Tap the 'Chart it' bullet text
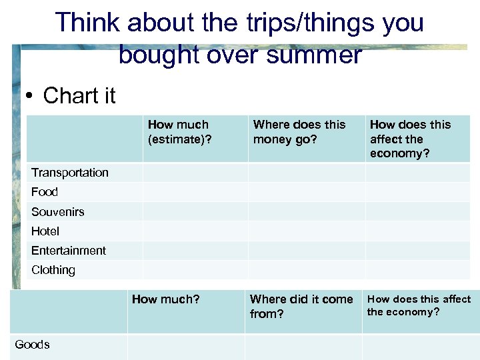pos(79,96)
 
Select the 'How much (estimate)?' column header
pos(178,132)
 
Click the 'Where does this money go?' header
pos(299,132)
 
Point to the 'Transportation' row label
pos(69,173)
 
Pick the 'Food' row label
pos(44,192)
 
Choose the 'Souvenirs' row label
pos(57,212)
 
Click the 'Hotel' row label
pos(45,231)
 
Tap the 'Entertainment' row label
pos(68,251)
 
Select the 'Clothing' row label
pos(53,270)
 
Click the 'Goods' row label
pos(32,345)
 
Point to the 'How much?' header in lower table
pos(165,299)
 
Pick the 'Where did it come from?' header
pos(301,307)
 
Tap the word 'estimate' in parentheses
pos(176,139)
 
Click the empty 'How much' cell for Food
pos(195,192)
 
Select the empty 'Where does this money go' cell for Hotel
pos(306,231)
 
